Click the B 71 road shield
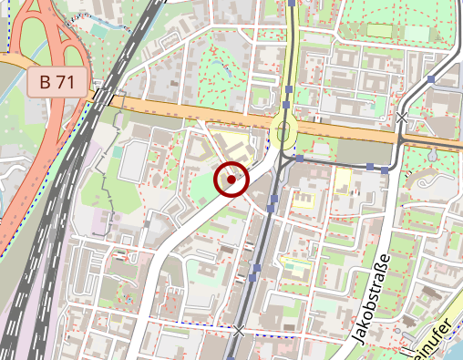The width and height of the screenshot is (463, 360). point(57,82)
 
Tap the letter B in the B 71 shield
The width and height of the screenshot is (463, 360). point(45,82)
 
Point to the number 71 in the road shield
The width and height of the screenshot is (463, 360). point(67,82)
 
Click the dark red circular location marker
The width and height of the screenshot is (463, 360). point(231,180)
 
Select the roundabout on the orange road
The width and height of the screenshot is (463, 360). point(283,132)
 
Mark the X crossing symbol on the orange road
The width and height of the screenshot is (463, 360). point(402,117)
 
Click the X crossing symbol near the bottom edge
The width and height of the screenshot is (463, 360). point(239,329)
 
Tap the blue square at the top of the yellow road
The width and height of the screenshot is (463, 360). point(291,4)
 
